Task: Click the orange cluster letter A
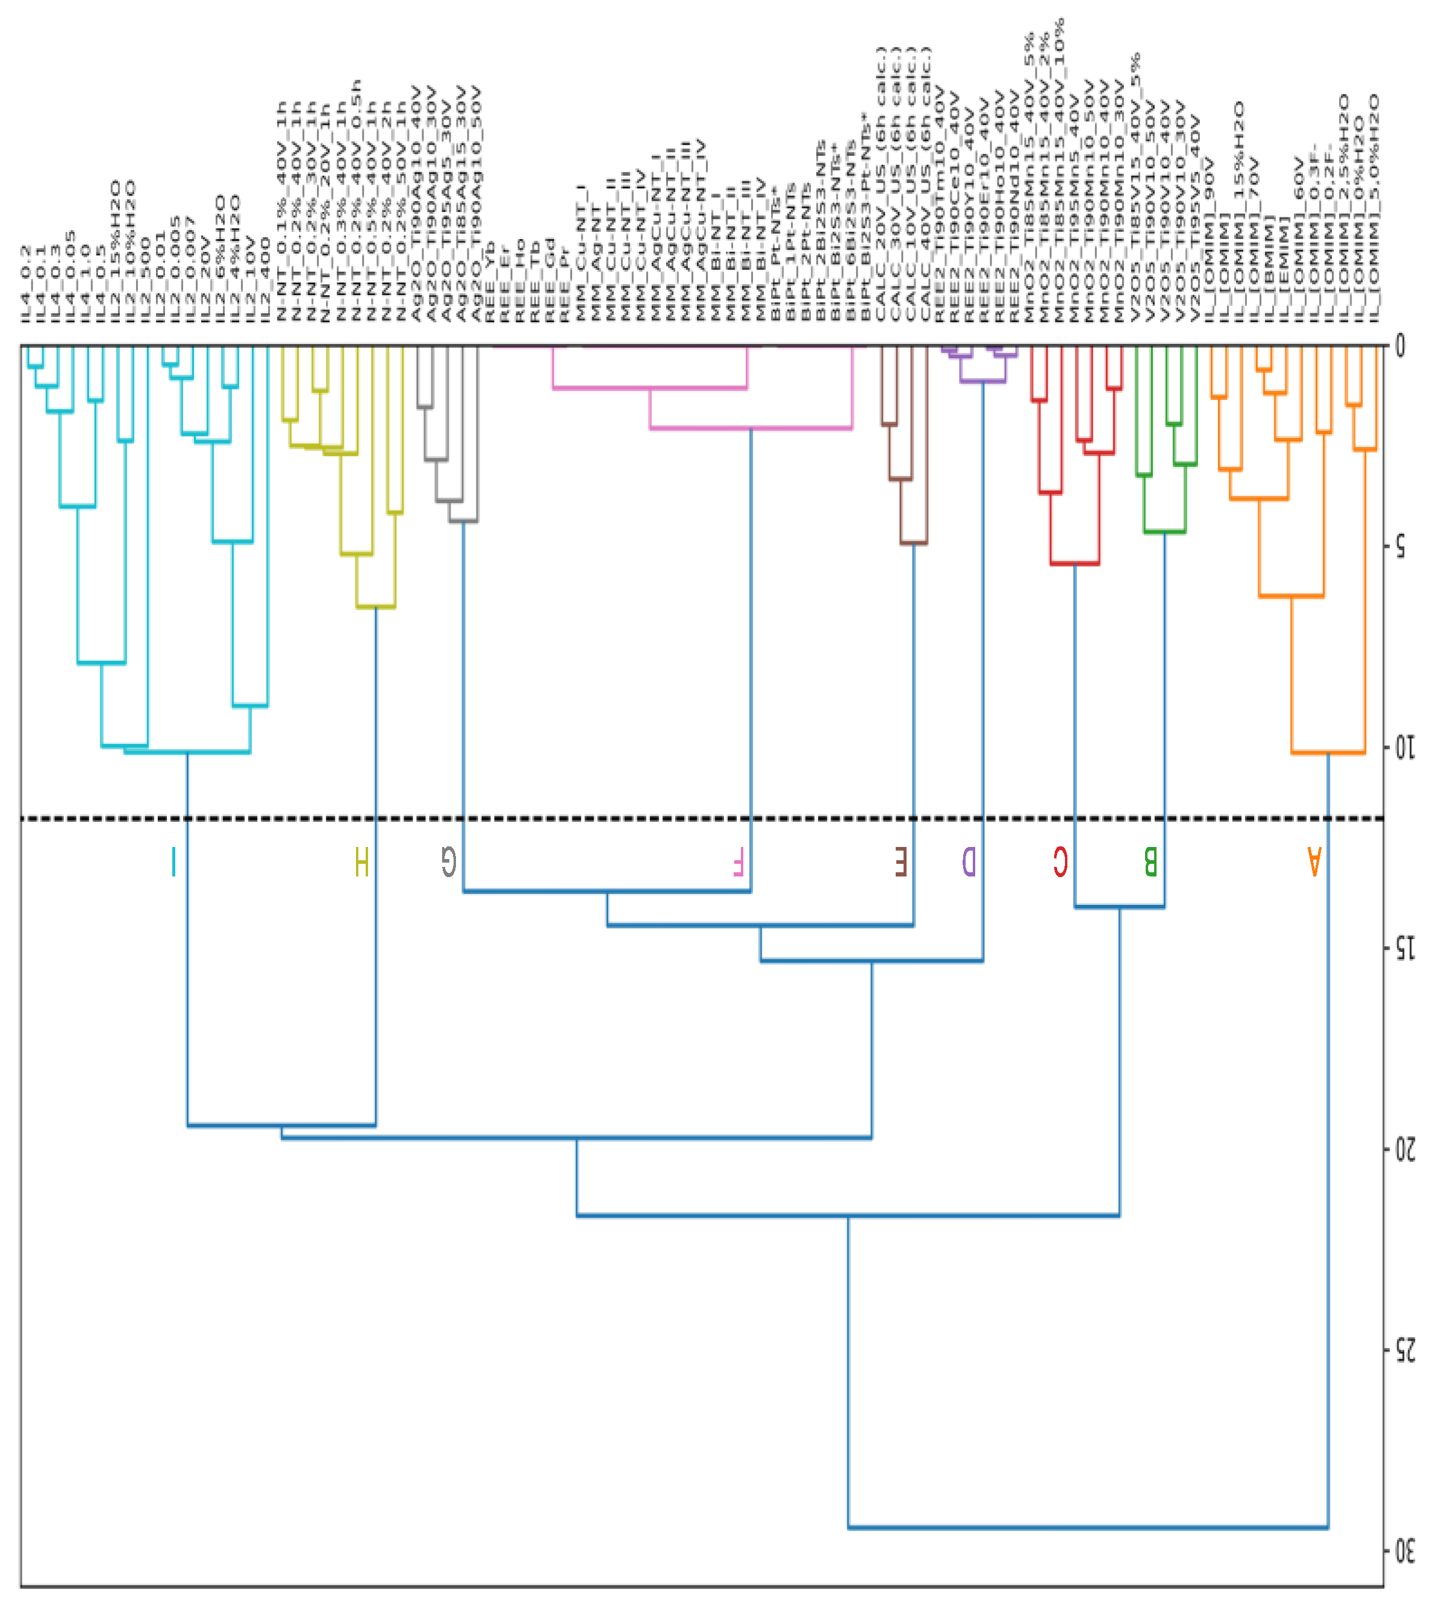tap(1314, 861)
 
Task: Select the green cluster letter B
tap(1150, 861)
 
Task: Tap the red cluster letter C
tap(1060, 861)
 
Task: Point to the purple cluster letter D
tap(969, 861)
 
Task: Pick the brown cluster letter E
tap(901, 861)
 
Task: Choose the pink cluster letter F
tap(737, 861)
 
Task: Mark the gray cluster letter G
tap(448, 861)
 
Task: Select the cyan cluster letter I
tap(174, 861)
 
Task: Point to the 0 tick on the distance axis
tap(1399, 346)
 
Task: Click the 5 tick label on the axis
tap(1399, 547)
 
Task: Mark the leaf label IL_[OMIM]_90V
tap(1209, 240)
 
